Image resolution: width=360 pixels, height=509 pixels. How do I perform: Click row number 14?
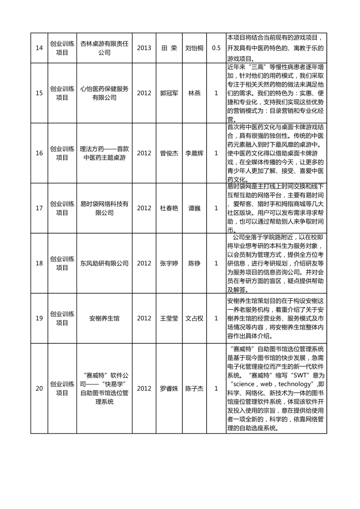point(39,48)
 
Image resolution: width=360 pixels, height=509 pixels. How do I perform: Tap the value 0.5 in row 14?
point(216,48)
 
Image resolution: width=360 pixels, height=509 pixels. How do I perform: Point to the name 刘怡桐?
point(194,48)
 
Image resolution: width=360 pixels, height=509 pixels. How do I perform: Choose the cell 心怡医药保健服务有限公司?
point(104,93)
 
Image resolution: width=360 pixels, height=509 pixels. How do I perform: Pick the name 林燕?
point(194,93)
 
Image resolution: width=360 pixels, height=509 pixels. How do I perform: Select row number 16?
point(39,153)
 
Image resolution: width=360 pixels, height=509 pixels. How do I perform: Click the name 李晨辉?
point(194,153)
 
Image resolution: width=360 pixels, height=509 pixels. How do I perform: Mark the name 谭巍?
point(194,208)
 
